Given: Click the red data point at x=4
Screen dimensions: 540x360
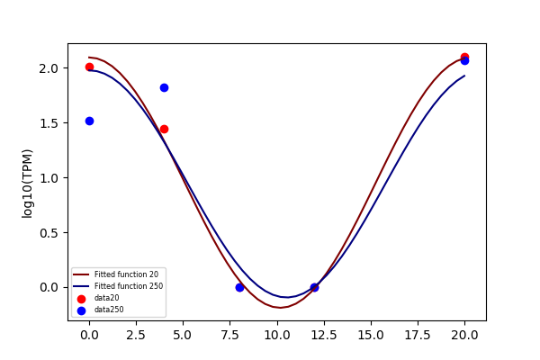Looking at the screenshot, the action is click(x=165, y=130).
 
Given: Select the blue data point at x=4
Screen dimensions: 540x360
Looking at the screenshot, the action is click(x=165, y=88).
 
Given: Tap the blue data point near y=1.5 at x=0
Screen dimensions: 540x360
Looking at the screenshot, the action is click(x=89, y=121).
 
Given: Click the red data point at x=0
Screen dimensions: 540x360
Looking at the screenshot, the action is click(x=89, y=67).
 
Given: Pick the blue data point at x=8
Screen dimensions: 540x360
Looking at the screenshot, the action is click(x=239, y=287).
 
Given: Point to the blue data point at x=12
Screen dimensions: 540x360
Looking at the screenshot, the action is click(x=314, y=287).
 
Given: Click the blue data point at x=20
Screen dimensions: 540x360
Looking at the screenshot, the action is click(x=464, y=61).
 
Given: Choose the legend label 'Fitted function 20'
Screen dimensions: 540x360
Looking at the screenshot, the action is click(x=126, y=274).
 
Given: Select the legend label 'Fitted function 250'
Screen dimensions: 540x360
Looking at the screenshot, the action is click(x=129, y=286).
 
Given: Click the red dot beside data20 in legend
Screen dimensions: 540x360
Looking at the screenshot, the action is click(x=81, y=299).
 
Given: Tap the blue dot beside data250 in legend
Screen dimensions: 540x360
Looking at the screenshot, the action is click(x=81, y=310).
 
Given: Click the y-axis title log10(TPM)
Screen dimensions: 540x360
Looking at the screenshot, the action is click(x=27, y=184).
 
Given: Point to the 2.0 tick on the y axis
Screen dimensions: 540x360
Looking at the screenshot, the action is click(x=49, y=68).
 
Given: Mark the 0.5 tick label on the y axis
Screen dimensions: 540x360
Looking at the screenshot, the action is click(x=49, y=233).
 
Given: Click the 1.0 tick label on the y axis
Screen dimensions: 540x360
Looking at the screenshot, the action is click(x=49, y=178).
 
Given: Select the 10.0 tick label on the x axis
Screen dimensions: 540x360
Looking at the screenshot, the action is click(x=277, y=335).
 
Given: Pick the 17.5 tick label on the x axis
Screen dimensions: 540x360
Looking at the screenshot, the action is click(x=418, y=335).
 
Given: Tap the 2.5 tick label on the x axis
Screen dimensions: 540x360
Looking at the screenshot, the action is click(x=137, y=335).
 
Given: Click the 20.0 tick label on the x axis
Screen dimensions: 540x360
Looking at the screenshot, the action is click(x=464, y=335).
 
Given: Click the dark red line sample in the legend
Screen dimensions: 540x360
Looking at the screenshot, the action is click(x=81, y=274).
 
